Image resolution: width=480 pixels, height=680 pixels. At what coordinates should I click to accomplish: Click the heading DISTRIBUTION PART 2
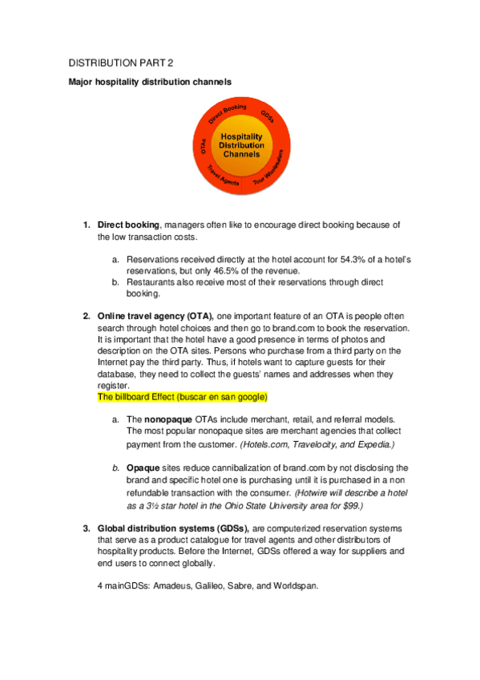[120, 62]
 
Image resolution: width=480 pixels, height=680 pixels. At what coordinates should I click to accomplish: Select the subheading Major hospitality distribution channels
[150, 82]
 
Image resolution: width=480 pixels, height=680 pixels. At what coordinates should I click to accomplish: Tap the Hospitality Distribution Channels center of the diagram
[241, 145]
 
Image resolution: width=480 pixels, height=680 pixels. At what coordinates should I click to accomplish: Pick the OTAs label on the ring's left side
[204, 146]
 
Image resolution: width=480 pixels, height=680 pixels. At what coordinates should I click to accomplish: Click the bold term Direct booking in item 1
[128, 225]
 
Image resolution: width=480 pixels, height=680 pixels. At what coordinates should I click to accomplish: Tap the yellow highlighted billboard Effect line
[182, 397]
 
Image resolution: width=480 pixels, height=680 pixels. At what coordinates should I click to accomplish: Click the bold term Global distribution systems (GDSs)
[173, 529]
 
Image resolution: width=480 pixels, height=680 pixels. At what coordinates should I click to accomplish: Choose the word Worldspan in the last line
[295, 586]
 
